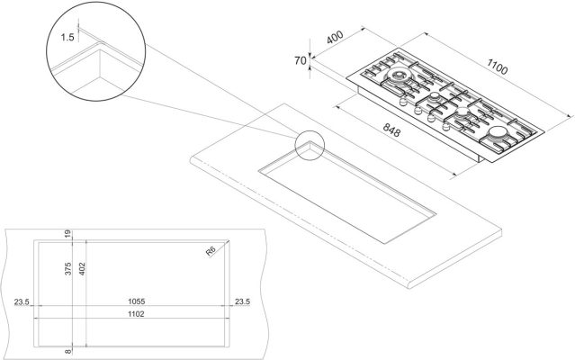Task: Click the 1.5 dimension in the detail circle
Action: [x=67, y=37]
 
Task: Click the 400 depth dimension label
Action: [x=335, y=37]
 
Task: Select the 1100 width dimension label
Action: [x=498, y=67]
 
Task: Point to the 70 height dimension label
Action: [x=300, y=60]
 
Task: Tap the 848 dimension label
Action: [x=391, y=130]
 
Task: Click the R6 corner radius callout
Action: [x=211, y=251]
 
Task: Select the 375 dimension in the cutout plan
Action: [x=67, y=269]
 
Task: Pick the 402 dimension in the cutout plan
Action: [x=82, y=269]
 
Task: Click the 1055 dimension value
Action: [x=137, y=301]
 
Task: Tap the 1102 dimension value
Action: [x=136, y=314]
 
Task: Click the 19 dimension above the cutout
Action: [x=67, y=233]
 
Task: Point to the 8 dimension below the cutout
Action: [x=67, y=352]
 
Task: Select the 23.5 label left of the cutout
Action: [x=22, y=301]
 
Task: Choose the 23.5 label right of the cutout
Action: [x=242, y=301]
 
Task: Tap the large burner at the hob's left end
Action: [x=397, y=76]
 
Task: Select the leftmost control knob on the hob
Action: [x=402, y=101]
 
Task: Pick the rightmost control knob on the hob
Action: [x=446, y=127]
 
